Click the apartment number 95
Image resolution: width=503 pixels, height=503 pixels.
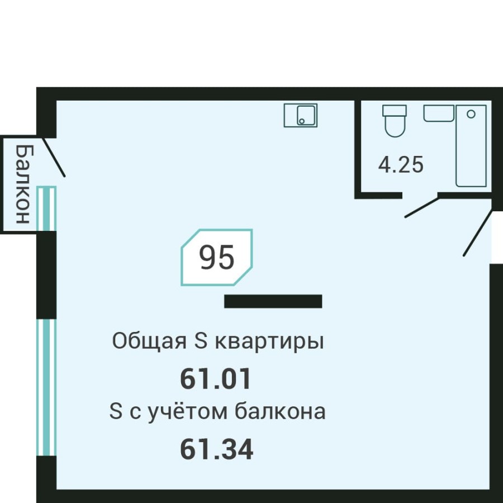pyautogui.click(x=217, y=258)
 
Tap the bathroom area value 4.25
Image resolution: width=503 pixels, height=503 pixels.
pyautogui.click(x=401, y=165)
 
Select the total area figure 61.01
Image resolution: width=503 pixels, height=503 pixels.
pyautogui.click(x=216, y=379)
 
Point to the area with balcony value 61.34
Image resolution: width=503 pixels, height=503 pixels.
pyautogui.click(x=216, y=449)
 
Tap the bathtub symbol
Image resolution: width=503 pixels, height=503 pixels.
pyautogui.click(x=471, y=146)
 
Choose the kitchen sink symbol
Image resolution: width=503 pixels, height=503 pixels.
pyautogui.click(x=300, y=115)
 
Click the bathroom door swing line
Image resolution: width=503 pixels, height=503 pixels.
pyautogui.click(x=422, y=207)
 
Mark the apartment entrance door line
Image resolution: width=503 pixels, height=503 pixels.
pyautogui.click(x=478, y=233)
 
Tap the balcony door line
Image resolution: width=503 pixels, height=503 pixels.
pyautogui.click(x=54, y=156)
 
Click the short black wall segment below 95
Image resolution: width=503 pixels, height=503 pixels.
pyautogui.click(x=273, y=301)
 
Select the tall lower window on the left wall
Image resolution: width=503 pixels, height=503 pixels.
pyautogui.click(x=46, y=387)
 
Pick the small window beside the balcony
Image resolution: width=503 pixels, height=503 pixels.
pyautogui.click(x=46, y=208)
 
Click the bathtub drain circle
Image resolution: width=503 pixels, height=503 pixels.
pyautogui.click(x=471, y=113)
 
